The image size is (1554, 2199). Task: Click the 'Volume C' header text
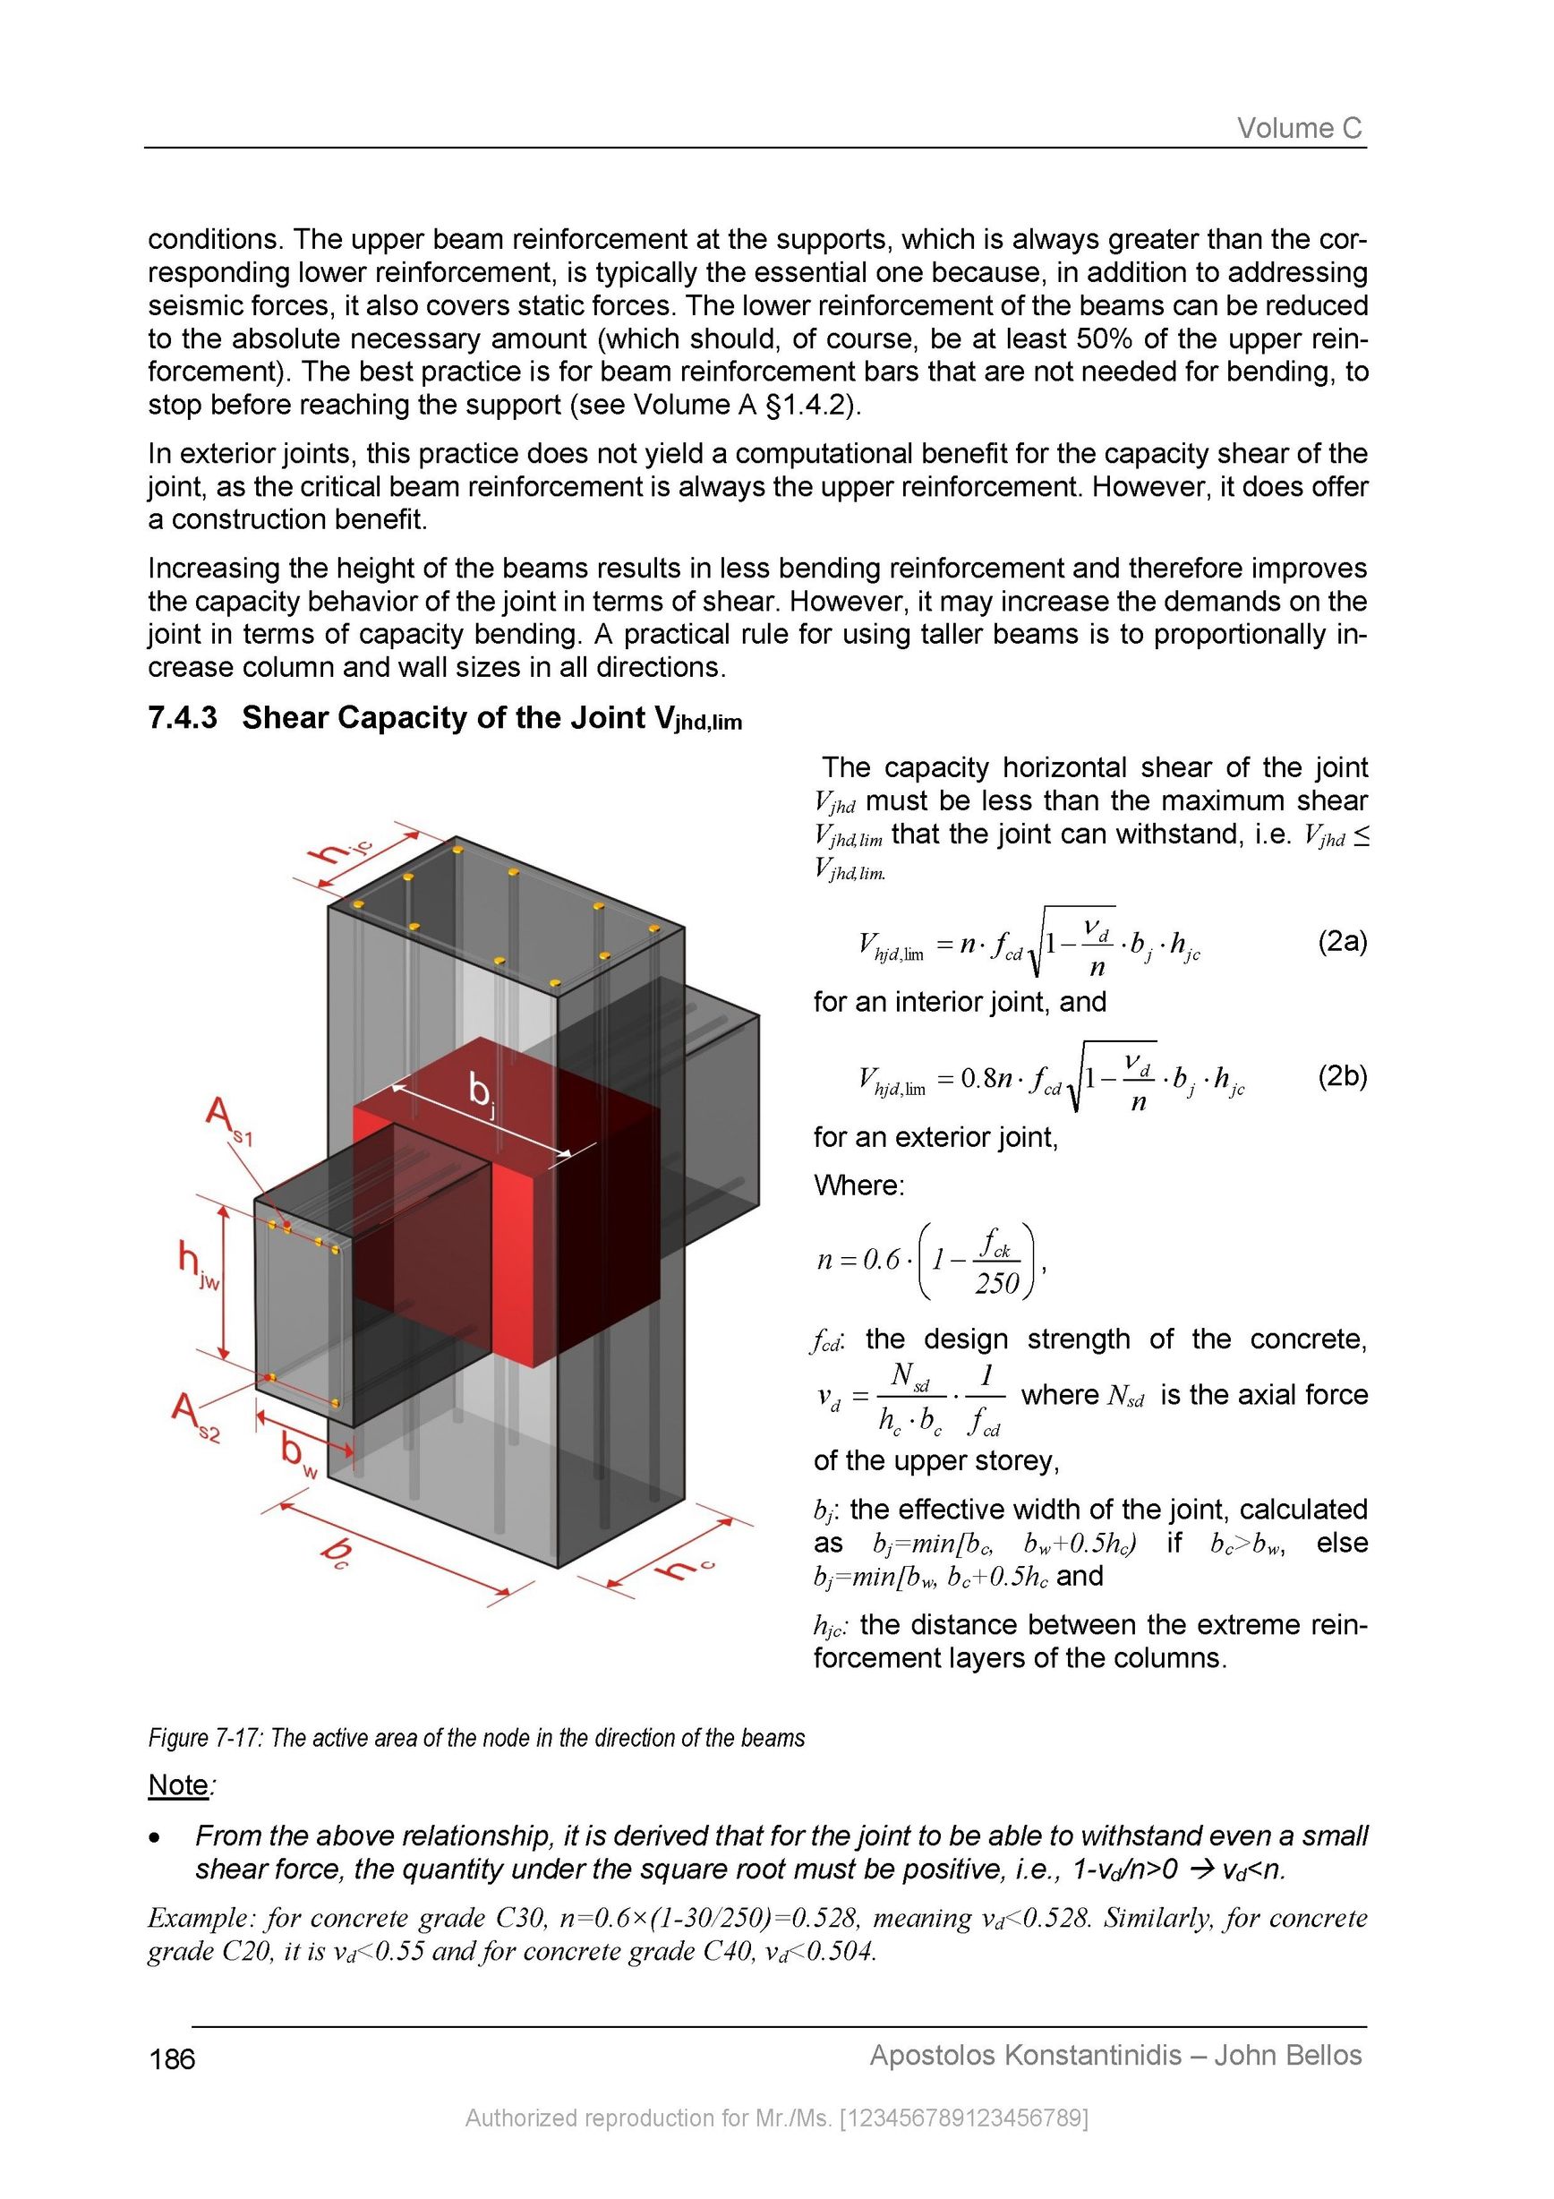click(x=1298, y=127)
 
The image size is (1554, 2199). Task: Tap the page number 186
click(x=173, y=2058)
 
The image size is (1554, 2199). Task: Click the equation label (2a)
click(x=1343, y=942)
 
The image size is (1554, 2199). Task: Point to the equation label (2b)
click(x=1343, y=1076)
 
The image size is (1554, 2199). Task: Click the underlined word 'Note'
click(x=178, y=1784)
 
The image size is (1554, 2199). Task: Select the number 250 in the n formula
click(x=995, y=1283)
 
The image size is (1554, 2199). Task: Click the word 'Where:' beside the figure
click(x=858, y=1185)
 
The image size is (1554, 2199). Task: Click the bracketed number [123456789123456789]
click(x=963, y=2118)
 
